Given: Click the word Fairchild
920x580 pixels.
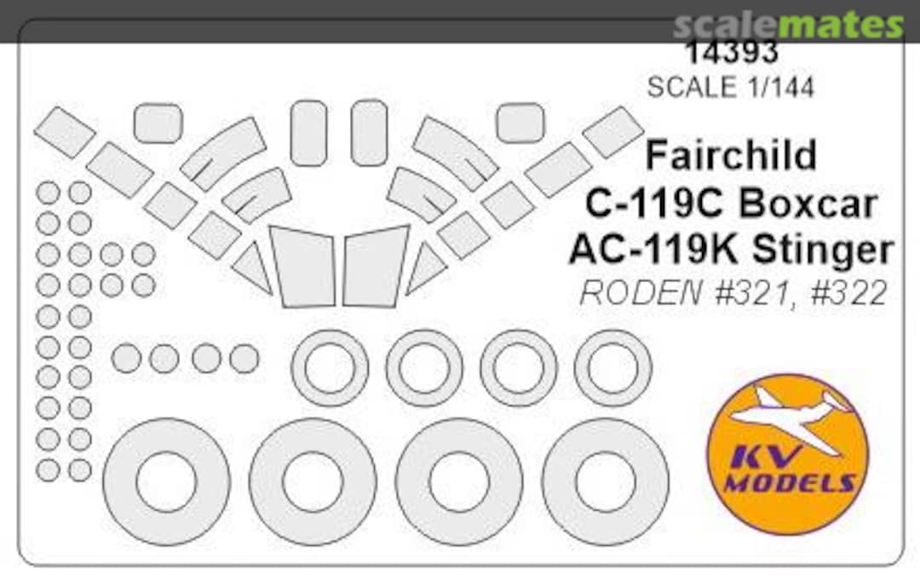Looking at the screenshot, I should tap(731, 156).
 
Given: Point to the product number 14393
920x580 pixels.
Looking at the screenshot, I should tap(731, 53).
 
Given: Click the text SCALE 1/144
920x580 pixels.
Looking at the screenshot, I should tap(731, 87).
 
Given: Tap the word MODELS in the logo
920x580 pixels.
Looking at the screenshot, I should tap(790, 484).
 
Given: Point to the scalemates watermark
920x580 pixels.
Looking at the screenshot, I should tap(788, 26).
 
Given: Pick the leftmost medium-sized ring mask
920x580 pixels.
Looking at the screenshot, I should tap(330, 368).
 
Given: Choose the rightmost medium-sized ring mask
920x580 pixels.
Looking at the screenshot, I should tap(612, 368).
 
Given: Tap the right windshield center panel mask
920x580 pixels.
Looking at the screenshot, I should tap(375, 266).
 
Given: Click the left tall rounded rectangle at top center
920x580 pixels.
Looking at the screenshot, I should tap(308, 133).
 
